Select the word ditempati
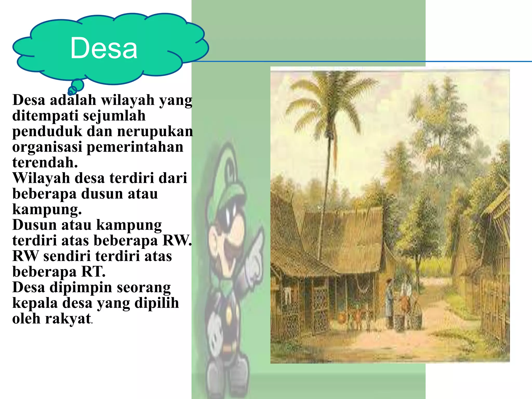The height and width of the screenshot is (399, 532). coord(45,116)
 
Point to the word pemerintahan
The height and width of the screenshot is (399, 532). coord(135,147)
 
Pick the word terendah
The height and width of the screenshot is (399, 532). coord(45,163)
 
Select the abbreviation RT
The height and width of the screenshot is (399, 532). coord(93,272)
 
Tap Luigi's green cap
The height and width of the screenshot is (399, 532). coord(229,179)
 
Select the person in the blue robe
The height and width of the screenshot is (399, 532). coord(389,301)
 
